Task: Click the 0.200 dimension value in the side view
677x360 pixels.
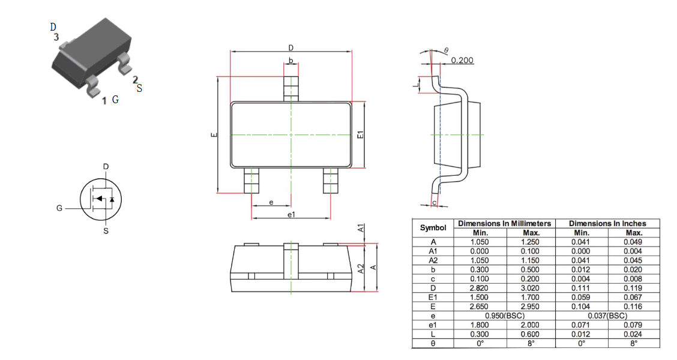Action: [x=462, y=61]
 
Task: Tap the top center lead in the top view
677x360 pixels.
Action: [x=291, y=89]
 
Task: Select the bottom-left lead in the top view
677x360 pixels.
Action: [x=251, y=181]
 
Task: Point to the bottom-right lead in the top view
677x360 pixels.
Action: [x=331, y=181]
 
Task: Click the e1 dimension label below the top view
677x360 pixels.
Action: [x=292, y=215]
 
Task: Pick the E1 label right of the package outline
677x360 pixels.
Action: [x=361, y=134]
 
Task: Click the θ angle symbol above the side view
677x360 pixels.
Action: [x=447, y=50]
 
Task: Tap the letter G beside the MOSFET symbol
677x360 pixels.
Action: [x=59, y=208]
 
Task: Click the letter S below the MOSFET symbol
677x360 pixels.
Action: [x=106, y=231]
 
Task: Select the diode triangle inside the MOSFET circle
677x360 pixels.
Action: [x=112, y=199]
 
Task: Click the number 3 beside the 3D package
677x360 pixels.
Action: [x=56, y=38]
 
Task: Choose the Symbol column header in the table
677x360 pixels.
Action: [x=433, y=228]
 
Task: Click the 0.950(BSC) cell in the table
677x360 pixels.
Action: [x=505, y=316]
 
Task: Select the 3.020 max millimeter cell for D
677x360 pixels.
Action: [x=530, y=288]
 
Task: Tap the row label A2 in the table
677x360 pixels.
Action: [x=433, y=260]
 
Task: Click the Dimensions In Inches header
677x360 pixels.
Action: [x=607, y=223]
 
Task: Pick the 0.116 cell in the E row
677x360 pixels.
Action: [x=633, y=307]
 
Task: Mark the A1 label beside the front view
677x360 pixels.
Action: [x=361, y=228]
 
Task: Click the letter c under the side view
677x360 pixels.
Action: [x=435, y=202]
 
